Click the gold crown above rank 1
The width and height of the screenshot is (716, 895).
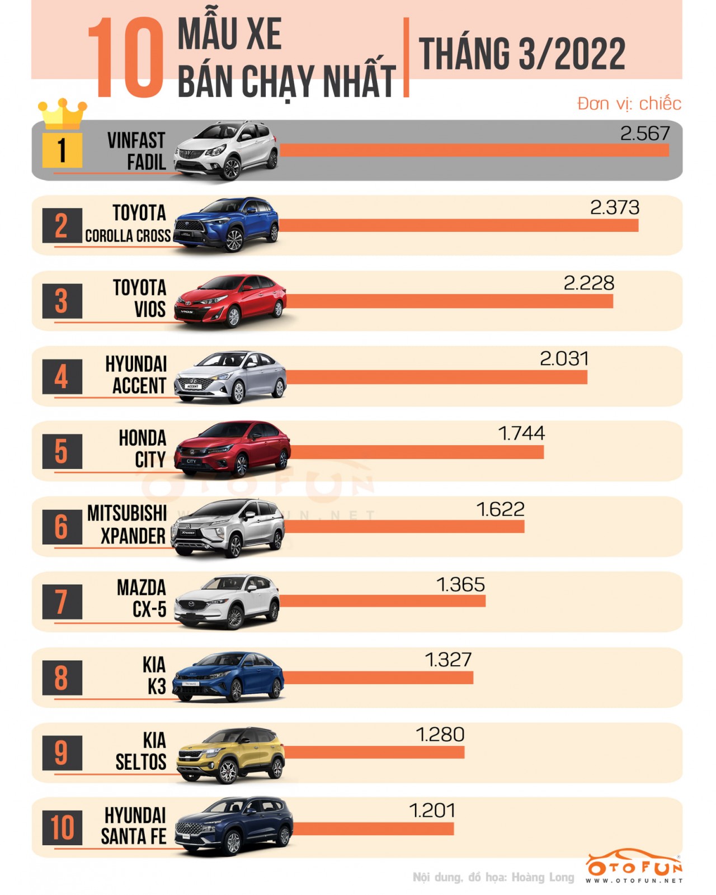click(62, 114)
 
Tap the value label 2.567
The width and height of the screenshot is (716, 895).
click(644, 134)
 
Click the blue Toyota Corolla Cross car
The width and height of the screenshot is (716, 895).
click(227, 225)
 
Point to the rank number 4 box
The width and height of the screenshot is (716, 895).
click(62, 377)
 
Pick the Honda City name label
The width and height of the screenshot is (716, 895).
click(143, 449)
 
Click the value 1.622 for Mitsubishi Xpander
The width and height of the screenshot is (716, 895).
click(500, 509)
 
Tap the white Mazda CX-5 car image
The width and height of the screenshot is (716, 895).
click(227, 602)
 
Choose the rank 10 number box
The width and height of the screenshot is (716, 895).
click(62, 827)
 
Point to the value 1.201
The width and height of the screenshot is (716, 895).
click(432, 811)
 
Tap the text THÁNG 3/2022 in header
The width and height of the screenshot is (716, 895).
click(521, 54)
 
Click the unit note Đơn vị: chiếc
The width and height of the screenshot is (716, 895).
click(629, 103)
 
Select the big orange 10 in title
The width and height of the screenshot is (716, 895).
click(126, 58)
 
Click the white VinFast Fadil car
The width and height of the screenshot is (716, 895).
click(227, 150)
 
